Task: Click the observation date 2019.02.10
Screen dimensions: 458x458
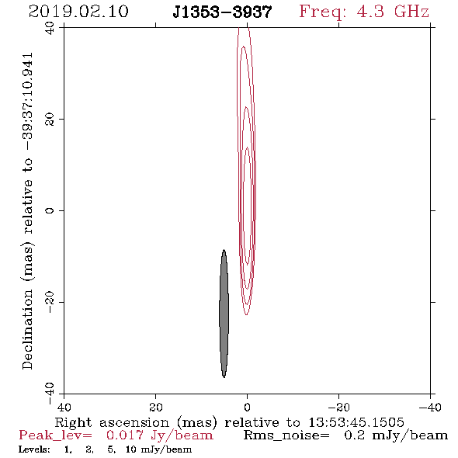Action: [78, 12]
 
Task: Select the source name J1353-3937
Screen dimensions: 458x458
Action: [222, 12]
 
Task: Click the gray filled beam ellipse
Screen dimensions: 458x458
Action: [224, 314]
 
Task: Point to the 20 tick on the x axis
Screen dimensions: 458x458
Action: [155, 408]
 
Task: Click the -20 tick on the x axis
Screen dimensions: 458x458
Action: [338, 408]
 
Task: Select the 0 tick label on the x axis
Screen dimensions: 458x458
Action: [247, 408]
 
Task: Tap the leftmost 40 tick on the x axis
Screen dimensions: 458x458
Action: [64, 408]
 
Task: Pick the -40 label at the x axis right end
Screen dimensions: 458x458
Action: [430, 408]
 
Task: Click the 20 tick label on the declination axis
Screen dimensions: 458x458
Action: [50, 120]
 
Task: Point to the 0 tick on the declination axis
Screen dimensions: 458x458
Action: [50, 210]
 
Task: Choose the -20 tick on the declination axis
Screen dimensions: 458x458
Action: [50, 302]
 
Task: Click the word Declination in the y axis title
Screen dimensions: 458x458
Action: [27, 329]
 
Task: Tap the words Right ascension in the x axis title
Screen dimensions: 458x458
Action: [112, 422]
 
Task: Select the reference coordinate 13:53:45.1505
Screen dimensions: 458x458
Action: [356, 422]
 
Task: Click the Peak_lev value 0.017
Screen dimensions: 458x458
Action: [125, 435]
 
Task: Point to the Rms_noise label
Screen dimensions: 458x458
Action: [286, 435]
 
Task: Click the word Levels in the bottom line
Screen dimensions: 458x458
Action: [34, 449]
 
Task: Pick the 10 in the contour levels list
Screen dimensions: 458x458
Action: [130, 449]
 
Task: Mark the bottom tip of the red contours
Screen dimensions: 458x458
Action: [247, 315]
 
